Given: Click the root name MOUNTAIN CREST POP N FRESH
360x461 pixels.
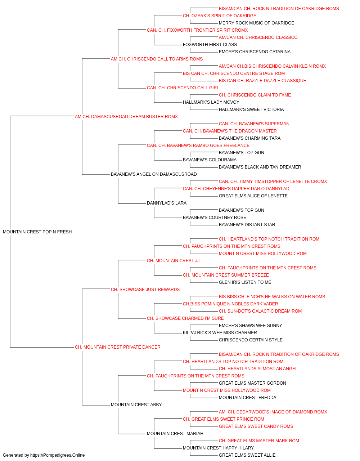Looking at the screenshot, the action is coord(37,232).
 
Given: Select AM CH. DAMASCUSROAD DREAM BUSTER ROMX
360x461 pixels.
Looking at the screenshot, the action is coord(126,117).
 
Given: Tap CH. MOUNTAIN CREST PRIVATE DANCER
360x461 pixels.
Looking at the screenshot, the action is coord(118,347).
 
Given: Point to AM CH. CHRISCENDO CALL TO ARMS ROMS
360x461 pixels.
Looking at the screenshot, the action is coord(157,59).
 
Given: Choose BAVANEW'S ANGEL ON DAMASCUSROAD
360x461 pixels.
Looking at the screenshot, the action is coord(154,174).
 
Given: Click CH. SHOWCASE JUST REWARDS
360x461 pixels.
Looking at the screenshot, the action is coord(145,290).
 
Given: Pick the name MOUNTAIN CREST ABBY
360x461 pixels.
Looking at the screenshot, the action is coord(136,405).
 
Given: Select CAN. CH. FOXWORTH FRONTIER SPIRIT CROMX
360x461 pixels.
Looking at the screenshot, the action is coord(197,30).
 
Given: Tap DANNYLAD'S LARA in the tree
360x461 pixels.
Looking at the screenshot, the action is coord(167,203).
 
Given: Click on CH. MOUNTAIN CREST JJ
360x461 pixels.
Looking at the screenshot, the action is coord(173,261).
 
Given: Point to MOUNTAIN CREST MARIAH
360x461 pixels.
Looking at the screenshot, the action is coord(175,434).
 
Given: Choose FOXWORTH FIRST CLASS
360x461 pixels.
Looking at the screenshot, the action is coord(210,45).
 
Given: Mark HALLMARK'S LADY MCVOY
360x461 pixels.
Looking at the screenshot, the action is coord(211,102).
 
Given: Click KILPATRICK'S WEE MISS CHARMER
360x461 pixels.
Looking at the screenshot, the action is coord(220,333).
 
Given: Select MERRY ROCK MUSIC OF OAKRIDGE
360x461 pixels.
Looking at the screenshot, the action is coord(257,23).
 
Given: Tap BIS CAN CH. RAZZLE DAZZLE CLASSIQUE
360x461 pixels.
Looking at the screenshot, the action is coord(262,81).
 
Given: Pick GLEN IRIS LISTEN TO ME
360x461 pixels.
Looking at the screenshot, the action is coord(245,282).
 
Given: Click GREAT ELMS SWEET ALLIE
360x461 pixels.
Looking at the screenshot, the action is coord(247,455).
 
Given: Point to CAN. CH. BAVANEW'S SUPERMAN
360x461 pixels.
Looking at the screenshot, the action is coord(254,124).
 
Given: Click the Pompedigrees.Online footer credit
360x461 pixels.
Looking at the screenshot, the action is coord(44,455).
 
